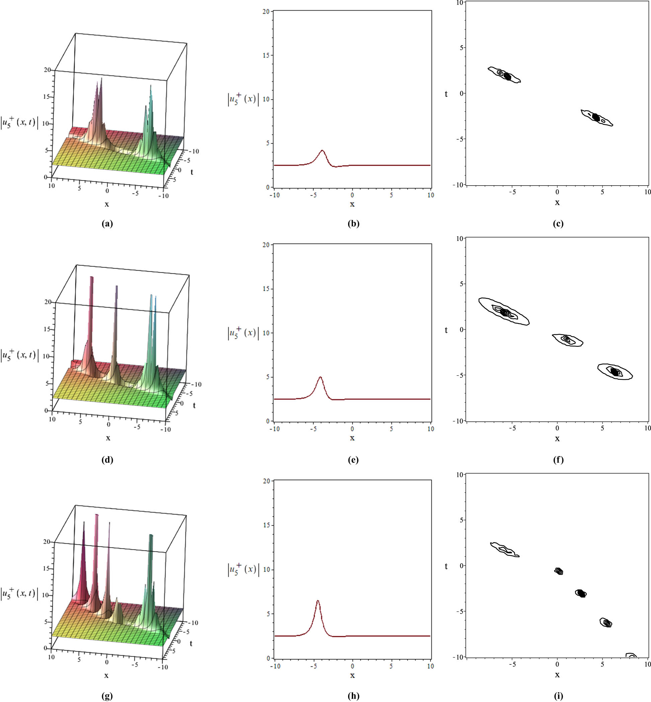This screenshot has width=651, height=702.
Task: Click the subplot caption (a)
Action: [107, 224]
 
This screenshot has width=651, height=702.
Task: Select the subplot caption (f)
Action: [558, 459]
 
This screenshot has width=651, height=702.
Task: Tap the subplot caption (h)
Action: [353, 695]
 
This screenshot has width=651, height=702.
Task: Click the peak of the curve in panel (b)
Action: [322, 150]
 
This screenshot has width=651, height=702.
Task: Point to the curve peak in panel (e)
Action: [320, 377]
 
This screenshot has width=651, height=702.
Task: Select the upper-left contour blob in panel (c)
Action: [504, 75]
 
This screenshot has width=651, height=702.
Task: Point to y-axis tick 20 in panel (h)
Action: [266, 481]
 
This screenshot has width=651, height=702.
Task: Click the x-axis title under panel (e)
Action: [352, 438]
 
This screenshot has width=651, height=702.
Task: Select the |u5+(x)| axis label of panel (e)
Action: [243, 333]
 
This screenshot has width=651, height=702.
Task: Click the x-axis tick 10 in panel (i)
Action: [647, 664]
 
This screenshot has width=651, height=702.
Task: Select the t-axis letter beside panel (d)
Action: [194, 405]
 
